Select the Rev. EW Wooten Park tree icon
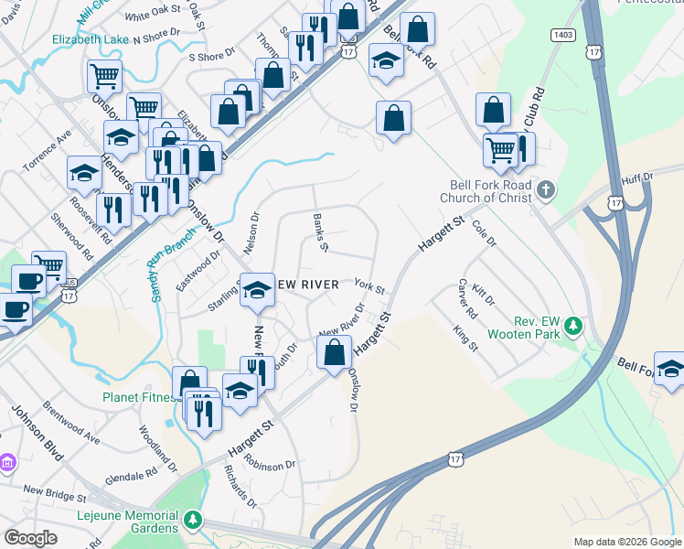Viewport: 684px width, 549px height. pyautogui.click(x=573, y=325)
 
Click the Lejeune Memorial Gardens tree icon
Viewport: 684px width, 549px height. pyautogui.click(x=192, y=521)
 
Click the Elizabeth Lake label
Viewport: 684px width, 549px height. pyautogui.click(x=91, y=39)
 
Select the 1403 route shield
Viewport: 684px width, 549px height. pyautogui.click(x=563, y=35)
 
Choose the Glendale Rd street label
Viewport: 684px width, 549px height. pyautogui.click(x=132, y=477)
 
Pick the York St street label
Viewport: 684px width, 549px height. pyautogui.click(x=369, y=288)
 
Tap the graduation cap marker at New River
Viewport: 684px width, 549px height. pyautogui.click(x=257, y=291)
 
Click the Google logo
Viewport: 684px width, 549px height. pyautogui.click(x=31, y=538)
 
